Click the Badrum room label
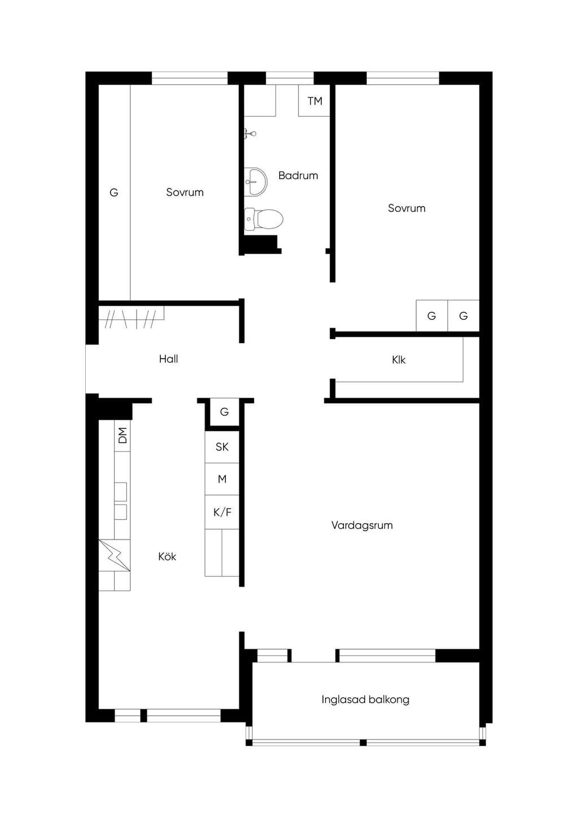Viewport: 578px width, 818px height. click(x=298, y=176)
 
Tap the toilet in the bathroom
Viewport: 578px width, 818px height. click(x=264, y=219)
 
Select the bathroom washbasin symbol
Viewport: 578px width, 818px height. click(x=256, y=181)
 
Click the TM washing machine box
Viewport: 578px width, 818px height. click(x=314, y=101)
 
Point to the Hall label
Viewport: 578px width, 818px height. click(x=169, y=359)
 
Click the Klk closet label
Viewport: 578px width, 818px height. click(x=399, y=360)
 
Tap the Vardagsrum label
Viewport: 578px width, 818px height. click(x=362, y=525)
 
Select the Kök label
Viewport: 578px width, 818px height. click(x=167, y=556)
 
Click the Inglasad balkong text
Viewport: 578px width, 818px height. click(x=365, y=700)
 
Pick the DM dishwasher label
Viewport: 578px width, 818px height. click(x=123, y=436)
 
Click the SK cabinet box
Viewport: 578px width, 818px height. click(x=222, y=447)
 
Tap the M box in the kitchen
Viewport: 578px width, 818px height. click(x=222, y=479)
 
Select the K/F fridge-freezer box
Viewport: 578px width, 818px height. click(x=222, y=512)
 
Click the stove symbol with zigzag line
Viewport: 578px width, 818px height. click(x=115, y=555)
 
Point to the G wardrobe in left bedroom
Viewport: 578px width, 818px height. click(x=114, y=193)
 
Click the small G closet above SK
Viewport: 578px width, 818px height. click(x=225, y=412)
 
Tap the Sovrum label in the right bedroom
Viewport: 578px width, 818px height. click(x=406, y=208)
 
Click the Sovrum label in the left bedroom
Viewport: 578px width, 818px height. click(x=185, y=193)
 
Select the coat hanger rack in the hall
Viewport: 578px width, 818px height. click(x=132, y=316)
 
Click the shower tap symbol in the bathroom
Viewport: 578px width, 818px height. click(x=250, y=134)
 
